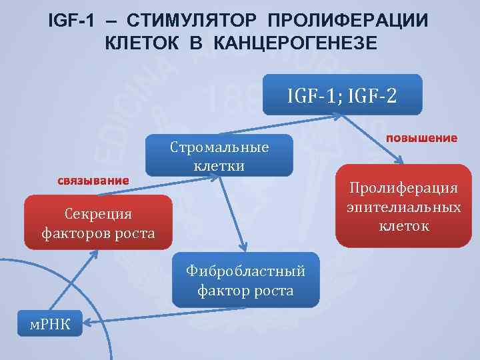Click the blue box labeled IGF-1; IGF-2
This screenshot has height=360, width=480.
[x=343, y=95]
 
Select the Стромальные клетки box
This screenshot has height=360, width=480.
[x=219, y=155]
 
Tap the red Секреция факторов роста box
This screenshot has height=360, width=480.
[x=98, y=223]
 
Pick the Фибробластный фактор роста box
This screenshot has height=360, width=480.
[x=246, y=281]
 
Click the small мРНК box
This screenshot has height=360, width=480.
[x=47, y=323]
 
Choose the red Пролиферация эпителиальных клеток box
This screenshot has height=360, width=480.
[x=403, y=207]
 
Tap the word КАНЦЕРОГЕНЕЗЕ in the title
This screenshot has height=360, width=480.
[x=295, y=43]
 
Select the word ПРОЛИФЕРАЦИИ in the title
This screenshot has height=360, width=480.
[x=355, y=20]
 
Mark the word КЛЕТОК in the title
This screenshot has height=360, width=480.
[x=139, y=43]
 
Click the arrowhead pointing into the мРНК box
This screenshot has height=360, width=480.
[x=85, y=324]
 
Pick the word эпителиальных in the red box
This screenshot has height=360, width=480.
[x=403, y=207]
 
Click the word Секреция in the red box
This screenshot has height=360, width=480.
[x=98, y=213]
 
